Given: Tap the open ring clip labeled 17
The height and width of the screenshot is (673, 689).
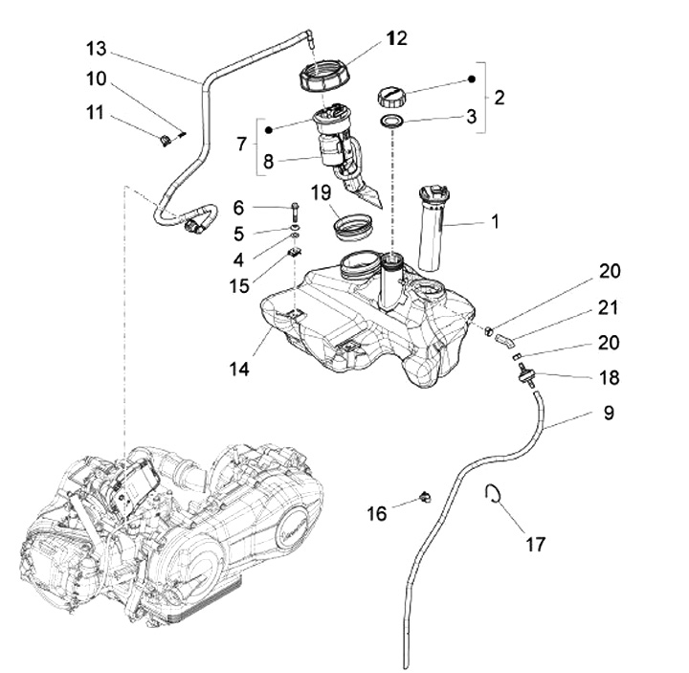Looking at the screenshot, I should click(495, 494).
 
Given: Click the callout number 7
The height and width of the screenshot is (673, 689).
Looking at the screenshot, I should click(239, 142).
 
